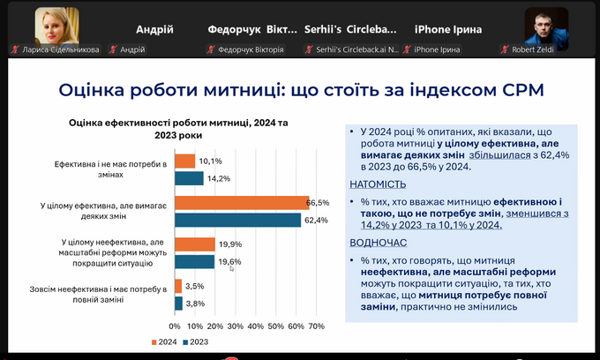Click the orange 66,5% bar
pyautogui.click(x=242, y=202)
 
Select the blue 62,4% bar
pyautogui.click(x=238, y=220)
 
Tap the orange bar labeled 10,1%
pyautogui.click(x=184, y=161)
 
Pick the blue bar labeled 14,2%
pyautogui.click(x=189, y=178)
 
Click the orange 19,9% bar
pyautogui.click(x=194, y=244)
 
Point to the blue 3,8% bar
pyautogui.click(x=178, y=303)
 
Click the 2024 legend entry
pyautogui.click(x=166, y=341)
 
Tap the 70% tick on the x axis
pyautogui.click(x=314, y=326)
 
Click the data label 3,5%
pyautogui.click(x=195, y=286)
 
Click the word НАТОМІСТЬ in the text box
pyautogui.click(x=378, y=184)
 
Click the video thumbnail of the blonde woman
pyautogui.click(x=56, y=26)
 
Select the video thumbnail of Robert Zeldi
pyautogui.click(x=545, y=26)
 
